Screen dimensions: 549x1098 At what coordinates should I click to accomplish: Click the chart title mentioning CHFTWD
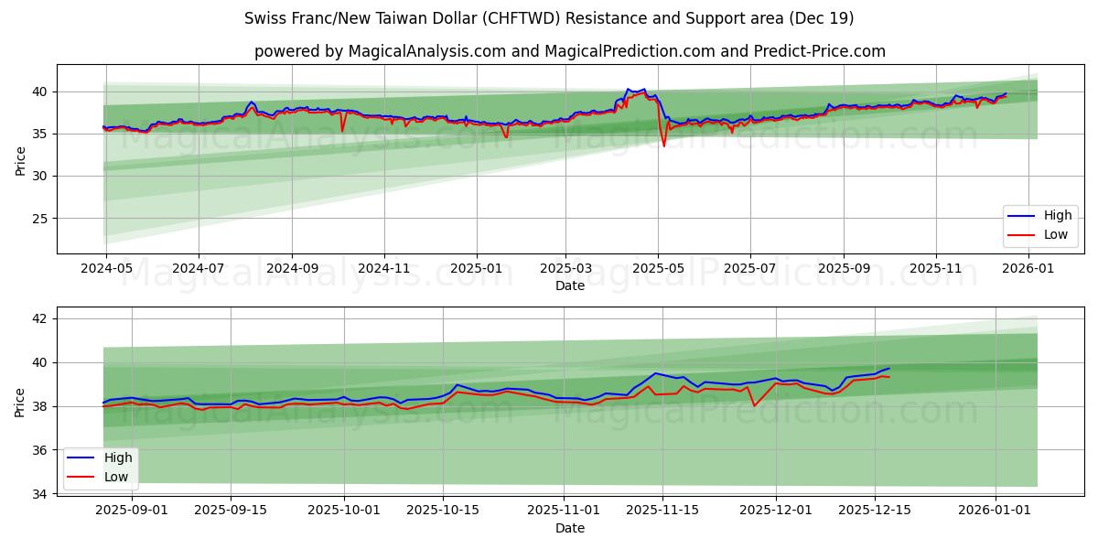point(549,18)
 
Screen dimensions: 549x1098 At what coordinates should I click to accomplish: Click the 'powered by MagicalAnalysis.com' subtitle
point(569,51)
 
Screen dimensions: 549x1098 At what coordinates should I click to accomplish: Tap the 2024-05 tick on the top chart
point(106,268)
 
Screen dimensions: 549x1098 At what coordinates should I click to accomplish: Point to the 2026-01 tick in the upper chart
point(1029,268)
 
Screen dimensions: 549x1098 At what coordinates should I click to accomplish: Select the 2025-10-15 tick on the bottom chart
point(443,509)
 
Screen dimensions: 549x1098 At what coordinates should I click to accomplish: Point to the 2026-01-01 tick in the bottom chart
point(995,509)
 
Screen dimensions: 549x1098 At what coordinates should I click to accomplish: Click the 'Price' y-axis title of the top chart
point(20,159)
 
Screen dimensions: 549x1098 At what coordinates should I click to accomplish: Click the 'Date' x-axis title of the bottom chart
point(569,528)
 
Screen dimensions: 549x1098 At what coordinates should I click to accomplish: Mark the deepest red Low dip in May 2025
point(664,145)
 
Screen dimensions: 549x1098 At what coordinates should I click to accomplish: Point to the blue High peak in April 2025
point(644,89)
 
